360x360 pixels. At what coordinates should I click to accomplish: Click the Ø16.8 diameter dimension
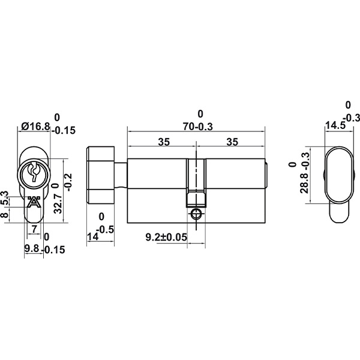coord(35,126)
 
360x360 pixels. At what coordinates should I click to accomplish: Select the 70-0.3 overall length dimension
coord(198,127)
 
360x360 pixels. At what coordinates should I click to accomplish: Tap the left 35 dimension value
coord(164,142)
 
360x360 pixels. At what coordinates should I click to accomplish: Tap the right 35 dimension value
coord(232,142)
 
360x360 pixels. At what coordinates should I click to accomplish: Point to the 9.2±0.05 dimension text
coord(166,237)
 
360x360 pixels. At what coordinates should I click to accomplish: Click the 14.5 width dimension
coord(335,125)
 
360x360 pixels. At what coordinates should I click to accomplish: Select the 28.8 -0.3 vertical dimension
coord(305,173)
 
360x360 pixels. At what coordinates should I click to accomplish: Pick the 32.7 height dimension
coord(58,203)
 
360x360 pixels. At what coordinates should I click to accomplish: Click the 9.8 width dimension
coord(32,248)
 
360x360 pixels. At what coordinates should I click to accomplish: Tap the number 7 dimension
coord(34,229)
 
